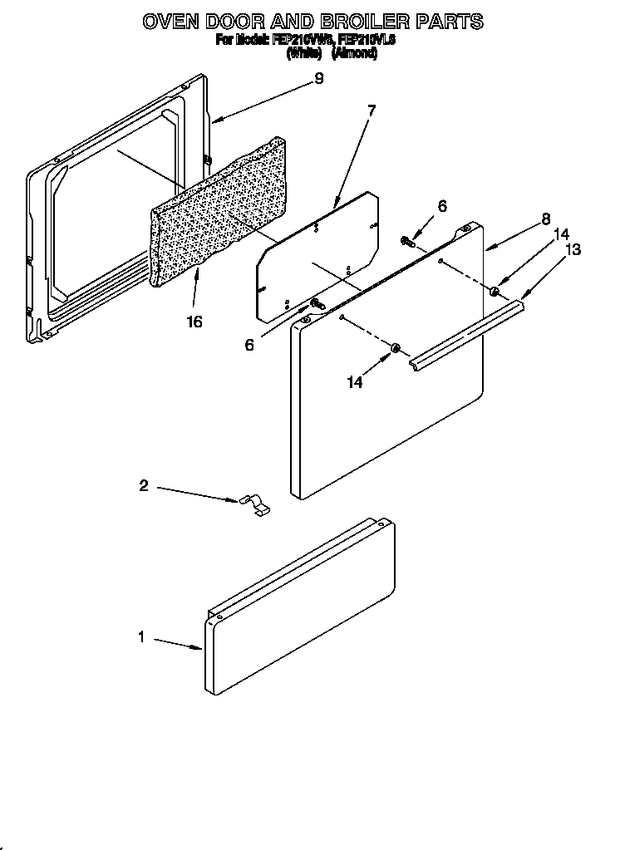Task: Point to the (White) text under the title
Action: (x=304, y=53)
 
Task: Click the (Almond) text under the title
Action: (x=355, y=53)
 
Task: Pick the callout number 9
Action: (x=318, y=79)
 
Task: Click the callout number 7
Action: (x=371, y=111)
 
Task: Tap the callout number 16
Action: (x=194, y=321)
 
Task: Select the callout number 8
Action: (x=545, y=219)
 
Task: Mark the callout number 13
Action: (x=573, y=249)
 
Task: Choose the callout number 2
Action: (x=143, y=486)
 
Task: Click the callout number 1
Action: (x=142, y=637)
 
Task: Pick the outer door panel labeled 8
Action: (x=386, y=399)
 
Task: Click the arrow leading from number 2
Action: (x=196, y=494)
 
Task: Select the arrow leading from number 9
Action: (x=262, y=100)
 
